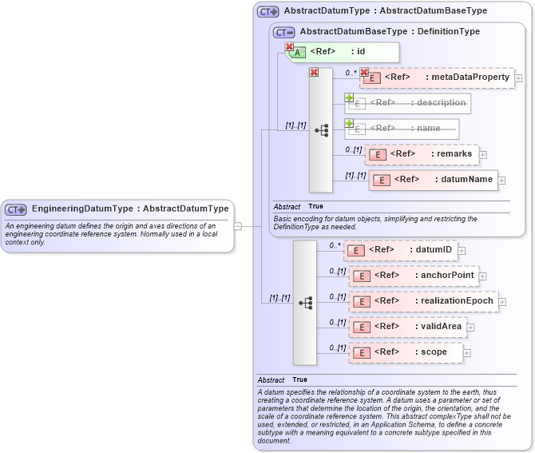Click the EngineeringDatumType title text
[130, 209]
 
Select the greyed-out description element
[408, 103]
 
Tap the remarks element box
[421, 154]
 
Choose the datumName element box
[433, 180]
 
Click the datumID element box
[400, 250]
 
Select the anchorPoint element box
[413, 276]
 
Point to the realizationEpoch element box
[423, 301]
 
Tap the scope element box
[406, 352]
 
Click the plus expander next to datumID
[462, 251]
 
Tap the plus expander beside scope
[467, 353]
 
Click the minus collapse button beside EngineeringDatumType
[238, 226]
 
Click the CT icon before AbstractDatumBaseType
[283, 32]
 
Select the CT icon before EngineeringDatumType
[16, 209]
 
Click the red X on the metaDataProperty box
[364, 72]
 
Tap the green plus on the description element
[349, 97]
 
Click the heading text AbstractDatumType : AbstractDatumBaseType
[385, 11]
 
